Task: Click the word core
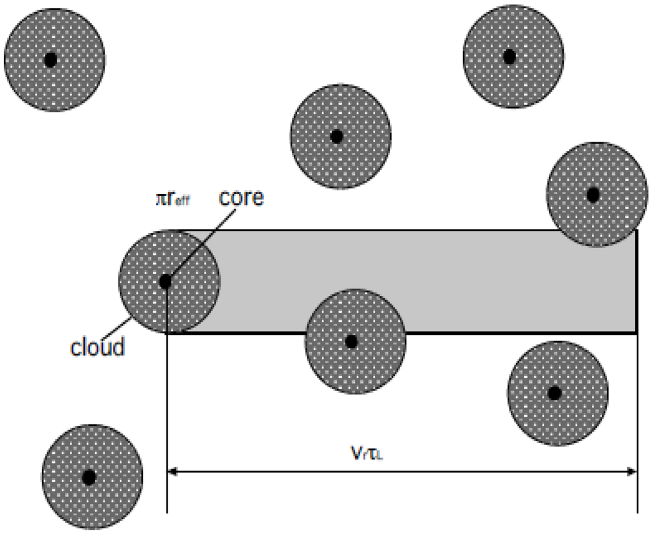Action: (241, 197)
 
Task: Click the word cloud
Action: (97, 348)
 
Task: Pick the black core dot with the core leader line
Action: (165, 281)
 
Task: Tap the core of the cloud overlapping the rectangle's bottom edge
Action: (351, 341)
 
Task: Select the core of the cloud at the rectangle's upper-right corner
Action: (593, 195)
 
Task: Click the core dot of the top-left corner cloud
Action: (51, 60)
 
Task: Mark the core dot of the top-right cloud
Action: (509, 57)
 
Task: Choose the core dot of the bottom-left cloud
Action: (89, 477)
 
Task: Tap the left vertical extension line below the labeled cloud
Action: (167, 415)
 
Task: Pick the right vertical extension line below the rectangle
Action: (638, 415)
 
